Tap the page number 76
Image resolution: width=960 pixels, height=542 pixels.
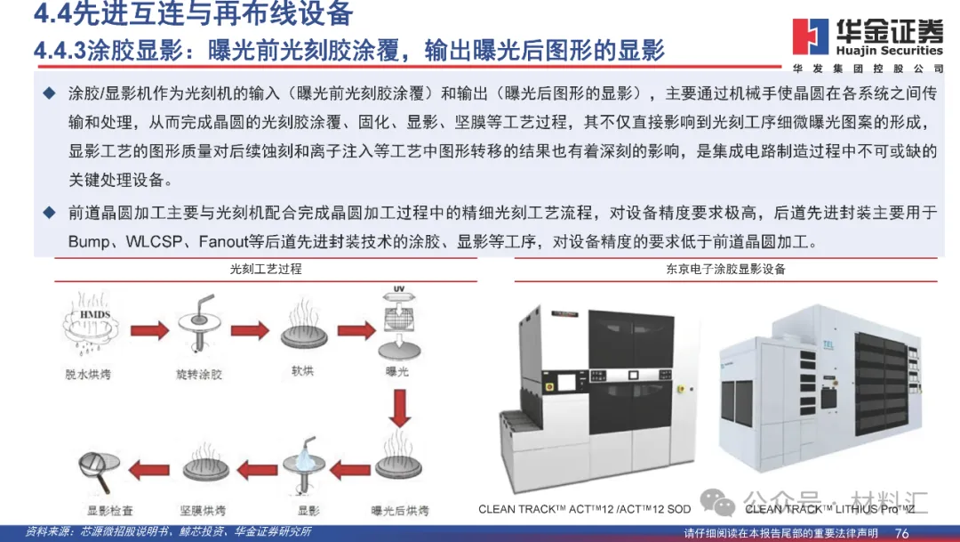901,532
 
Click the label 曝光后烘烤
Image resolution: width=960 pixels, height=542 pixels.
400,511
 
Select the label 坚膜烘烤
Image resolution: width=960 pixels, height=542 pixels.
206,511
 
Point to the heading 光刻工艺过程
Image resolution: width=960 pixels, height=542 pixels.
266,268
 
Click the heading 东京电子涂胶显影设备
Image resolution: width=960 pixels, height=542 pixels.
725,268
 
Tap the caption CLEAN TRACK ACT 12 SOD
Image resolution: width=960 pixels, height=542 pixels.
584,509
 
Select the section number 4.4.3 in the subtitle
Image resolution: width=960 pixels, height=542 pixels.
60,50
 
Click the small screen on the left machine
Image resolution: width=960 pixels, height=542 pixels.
566,386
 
